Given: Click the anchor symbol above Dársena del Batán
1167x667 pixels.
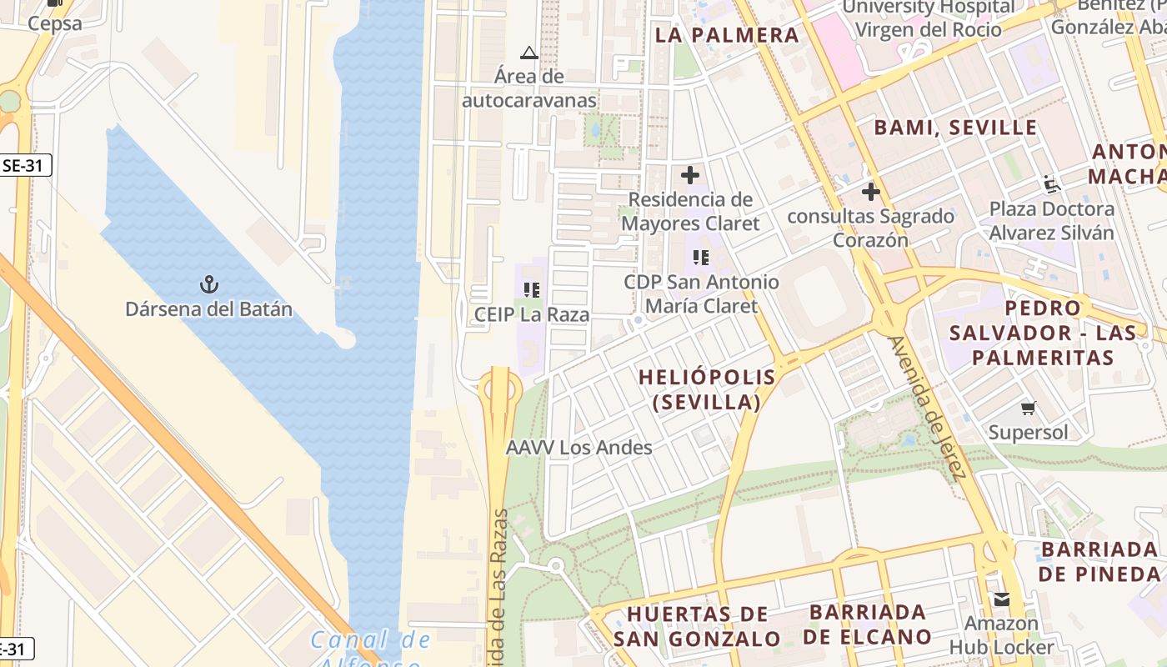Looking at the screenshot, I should (x=208, y=285).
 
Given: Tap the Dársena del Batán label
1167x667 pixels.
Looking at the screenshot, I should (x=208, y=309).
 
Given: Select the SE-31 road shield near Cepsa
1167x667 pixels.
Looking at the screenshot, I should (x=23, y=165).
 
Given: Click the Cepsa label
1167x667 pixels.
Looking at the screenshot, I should (x=55, y=23).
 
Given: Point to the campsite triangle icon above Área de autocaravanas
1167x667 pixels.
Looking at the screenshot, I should (x=528, y=53).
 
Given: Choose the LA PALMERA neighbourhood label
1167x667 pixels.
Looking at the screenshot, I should (x=727, y=35).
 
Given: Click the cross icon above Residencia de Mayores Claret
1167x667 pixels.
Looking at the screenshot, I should (x=690, y=176).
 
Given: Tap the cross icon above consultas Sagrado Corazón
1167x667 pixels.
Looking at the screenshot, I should (x=871, y=192).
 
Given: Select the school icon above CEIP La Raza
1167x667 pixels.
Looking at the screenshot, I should (x=532, y=290).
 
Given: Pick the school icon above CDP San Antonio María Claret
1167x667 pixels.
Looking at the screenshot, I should (x=701, y=258).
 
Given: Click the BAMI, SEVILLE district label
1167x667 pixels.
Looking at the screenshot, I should (x=955, y=128).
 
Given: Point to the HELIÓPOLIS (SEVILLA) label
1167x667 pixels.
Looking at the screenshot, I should (x=707, y=389).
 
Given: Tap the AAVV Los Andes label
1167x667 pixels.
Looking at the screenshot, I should (x=579, y=448).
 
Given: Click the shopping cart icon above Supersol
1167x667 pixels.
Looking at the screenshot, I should (x=1029, y=409).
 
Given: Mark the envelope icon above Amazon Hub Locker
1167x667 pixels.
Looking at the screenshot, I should (x=1001, y=599).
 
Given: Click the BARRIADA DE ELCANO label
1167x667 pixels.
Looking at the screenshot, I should (x=868, y=624).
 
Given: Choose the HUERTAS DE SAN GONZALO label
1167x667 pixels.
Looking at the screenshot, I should (x=698, y=626).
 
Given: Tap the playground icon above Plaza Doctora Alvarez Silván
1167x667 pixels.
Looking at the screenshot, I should (x=1051, y=184).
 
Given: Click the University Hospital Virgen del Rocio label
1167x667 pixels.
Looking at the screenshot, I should (x=929, y=18).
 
